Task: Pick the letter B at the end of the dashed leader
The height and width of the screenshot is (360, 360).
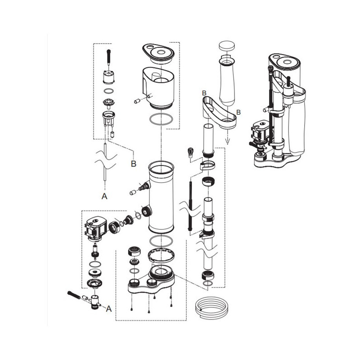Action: pyautogui.click(x=133, y=163)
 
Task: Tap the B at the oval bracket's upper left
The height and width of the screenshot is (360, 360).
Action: pyautogui.click(x=204, y=92)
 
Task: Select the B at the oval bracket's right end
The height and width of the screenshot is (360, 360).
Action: pyautogui.click(x=238, y=111)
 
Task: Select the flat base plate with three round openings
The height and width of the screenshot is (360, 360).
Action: pyautogui.click(x=151, y=283)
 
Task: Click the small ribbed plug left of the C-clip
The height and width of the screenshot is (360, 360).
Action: pyautogui.click(x=190, y=152)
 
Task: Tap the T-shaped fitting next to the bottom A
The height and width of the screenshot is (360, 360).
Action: pyautogui.click(x=94, y=301)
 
